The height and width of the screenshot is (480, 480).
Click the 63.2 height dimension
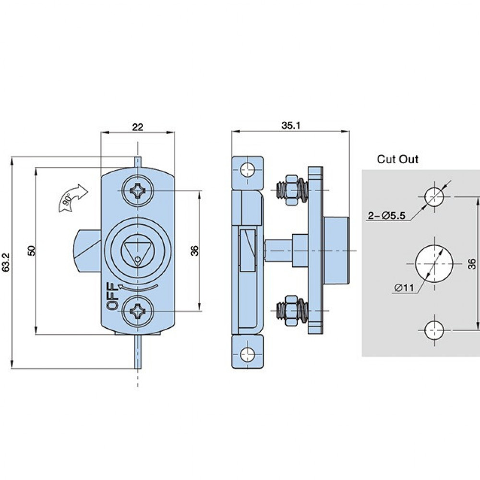coord(6,263)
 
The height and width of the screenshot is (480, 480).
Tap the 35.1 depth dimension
coord(290,126)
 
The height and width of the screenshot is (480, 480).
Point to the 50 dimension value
coord(30,250)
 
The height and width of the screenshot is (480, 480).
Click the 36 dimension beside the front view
coord(194,250)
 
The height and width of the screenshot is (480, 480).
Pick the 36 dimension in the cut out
coord(472,263)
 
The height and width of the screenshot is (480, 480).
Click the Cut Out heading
coord(397,159)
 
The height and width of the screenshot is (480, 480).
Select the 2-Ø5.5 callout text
coord(387,216)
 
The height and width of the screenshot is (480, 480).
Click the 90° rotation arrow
coord(72,197)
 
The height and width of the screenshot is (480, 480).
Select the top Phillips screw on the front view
coord(138,191)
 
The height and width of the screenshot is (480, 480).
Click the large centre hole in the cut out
coord(434,263)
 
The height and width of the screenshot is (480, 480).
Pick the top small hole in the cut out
coord(434,197)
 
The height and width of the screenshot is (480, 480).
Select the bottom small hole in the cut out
coord(434,329)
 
